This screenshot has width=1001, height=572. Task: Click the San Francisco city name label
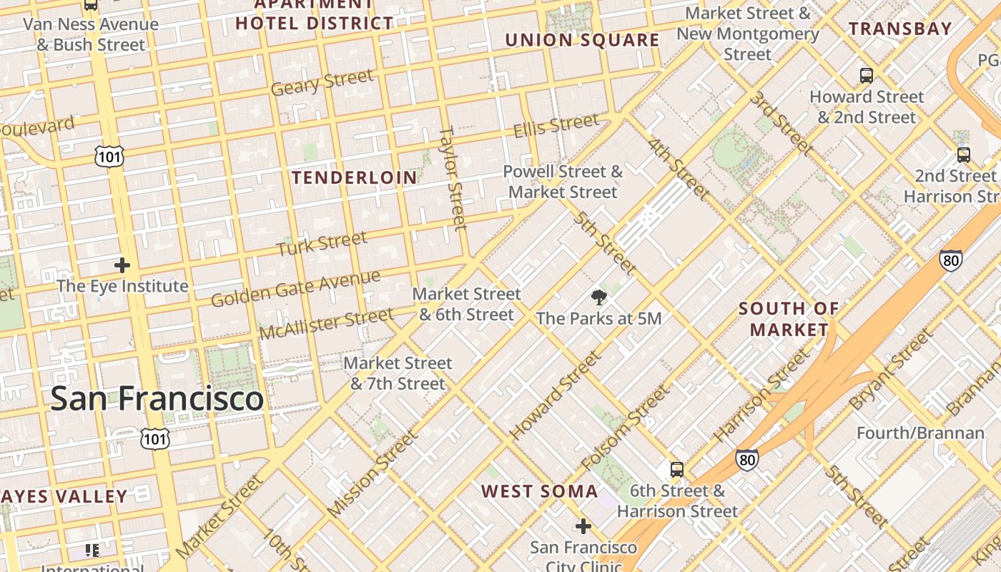point(157,398)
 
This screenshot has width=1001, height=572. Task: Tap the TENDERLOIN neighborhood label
point(355,177)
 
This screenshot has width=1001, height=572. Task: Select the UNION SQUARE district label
point(582,40)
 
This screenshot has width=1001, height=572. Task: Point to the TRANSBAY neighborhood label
point(900,29)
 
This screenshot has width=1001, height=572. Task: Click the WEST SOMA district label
point(539,491)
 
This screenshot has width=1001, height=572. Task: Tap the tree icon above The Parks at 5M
point(599,297)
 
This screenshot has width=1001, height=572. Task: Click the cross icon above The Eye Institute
point(122,265)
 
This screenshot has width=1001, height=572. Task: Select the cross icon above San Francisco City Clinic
point(583,526)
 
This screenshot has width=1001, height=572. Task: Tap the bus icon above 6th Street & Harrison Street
point(677,470)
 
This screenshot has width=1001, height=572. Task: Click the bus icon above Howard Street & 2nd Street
point(867,75)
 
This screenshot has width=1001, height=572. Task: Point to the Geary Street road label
point(322,82)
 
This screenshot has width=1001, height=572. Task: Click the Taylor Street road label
point(452,179)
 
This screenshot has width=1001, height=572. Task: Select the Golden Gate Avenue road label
point(295,288)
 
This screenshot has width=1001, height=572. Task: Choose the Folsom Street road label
point(626,428)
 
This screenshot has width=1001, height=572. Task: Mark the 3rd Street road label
point(781,123)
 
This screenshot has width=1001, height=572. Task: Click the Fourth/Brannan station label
point(920,433)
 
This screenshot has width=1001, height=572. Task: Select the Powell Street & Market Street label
point(563,182)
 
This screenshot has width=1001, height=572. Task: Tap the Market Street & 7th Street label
point(398,373)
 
